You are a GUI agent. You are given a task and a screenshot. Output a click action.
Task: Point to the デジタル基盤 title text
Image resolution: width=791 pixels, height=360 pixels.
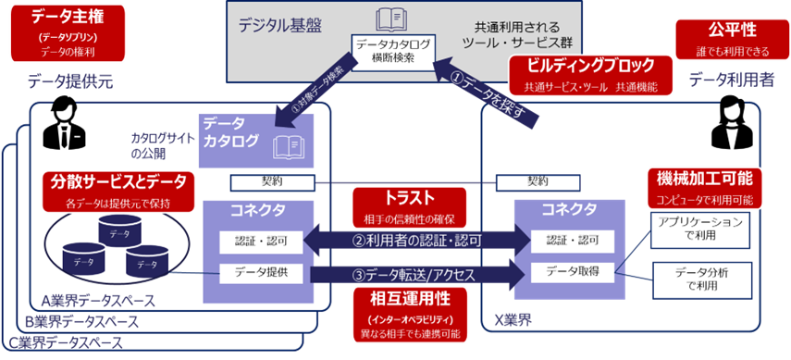click(x=283, y=27)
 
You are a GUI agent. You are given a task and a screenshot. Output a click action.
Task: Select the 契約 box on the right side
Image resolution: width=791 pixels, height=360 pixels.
click(x=538, y=181)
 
